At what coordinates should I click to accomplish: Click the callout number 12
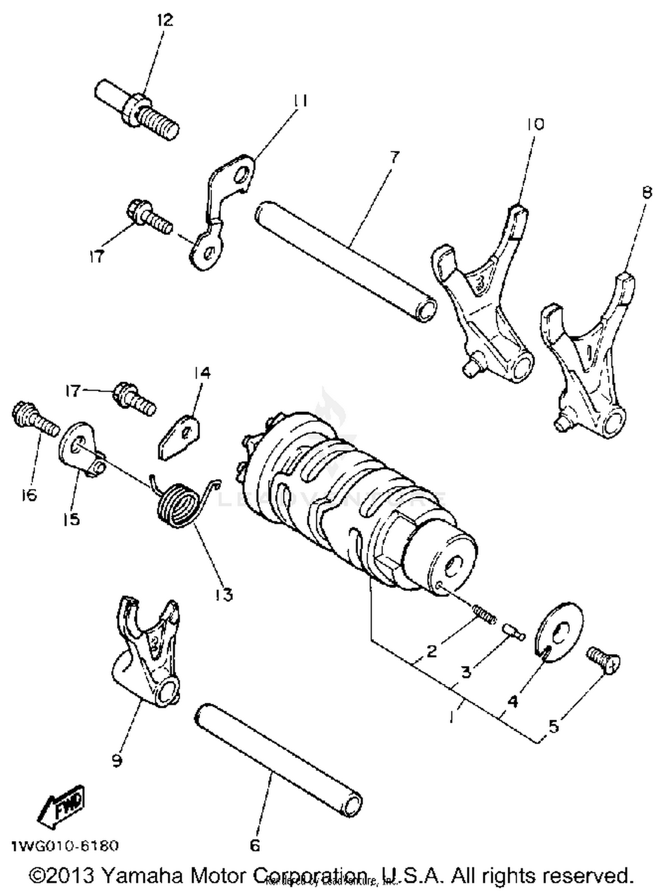(x=165, y=20)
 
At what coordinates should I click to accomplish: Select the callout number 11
(x=300, y=101)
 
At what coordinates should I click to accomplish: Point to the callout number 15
(x=71, y=519)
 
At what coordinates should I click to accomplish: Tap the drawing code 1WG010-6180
(x=65, y=845)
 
